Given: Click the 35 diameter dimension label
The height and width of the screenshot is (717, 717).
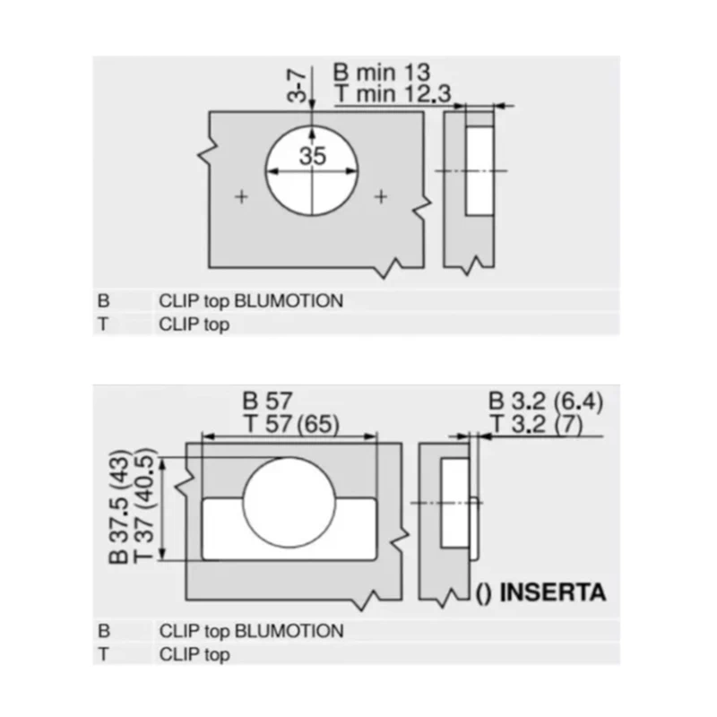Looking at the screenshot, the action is tap(313, 156).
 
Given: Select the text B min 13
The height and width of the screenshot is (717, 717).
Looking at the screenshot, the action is tap(382, 73).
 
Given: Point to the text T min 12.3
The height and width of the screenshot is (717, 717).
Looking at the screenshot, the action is tap(393, 94).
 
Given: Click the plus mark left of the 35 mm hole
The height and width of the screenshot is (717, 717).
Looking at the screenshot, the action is tap(241, 197).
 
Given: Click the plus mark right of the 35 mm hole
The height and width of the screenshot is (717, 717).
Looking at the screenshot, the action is tap(381, 196).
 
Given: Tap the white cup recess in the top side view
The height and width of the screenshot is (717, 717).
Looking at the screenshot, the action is tap(479, 170).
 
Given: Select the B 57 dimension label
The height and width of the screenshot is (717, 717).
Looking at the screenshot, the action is tap(267, 402).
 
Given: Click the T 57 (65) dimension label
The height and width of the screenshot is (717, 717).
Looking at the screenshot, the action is tap(292, 423).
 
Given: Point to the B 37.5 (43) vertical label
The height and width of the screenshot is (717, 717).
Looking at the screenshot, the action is tap(119, 506).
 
